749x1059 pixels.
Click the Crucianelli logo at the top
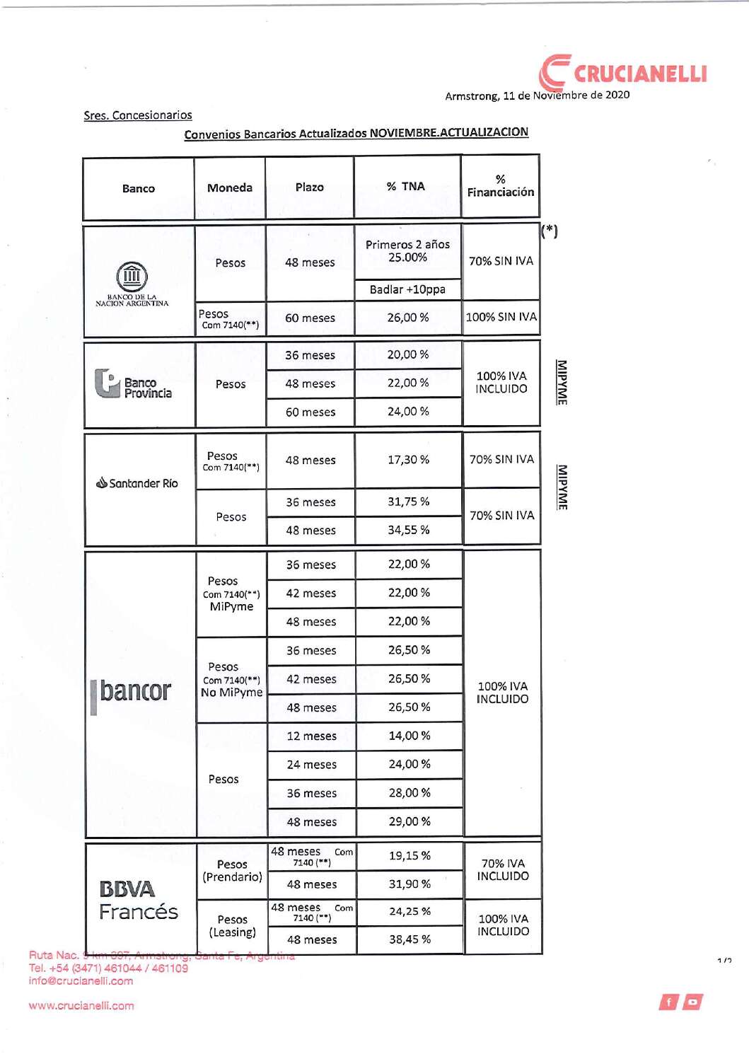pyautogui.click(x=623, y=73)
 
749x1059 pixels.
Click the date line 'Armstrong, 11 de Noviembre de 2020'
pyautogui.click(x=537, y=96)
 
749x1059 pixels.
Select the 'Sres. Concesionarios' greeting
pyautogui.click(x=138, y=115)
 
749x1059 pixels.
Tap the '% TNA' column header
pyautogui.click(x=406, y=187)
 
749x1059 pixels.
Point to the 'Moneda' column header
pyautogui.click(x=230, y=187)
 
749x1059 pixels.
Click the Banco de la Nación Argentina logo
pyautogui.click(x=132, y=283)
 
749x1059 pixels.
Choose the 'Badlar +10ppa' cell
pyautogui.click(x=407, y=289)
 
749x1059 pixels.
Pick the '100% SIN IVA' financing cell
pyautogui.click(x=501, y=317)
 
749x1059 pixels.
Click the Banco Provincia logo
pyautogui.click(x=134, y=384)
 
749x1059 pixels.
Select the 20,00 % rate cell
pyautogui.click(x=408, y=354)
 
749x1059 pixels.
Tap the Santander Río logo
pyautogui.click(x=137, y=483)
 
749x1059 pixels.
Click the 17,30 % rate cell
pyautogui.click(x=408, y=460)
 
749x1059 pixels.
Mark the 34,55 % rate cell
pyautogui.click(x=408, y=530)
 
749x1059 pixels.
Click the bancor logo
pyautogui.click(x=132, y=692)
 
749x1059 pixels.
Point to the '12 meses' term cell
pyautogui.click(x=311, y=736)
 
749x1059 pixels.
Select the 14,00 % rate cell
pyautogui.click(x=410, y=736)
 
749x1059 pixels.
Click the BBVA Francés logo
pyautogui.click(x=138, y=901)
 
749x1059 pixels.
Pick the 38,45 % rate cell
pyautogui.click(x=410, y=939)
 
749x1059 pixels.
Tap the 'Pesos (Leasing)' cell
pyautogui.click(x=232, y=926)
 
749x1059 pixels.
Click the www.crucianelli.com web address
pyautogui.click(x=81, y=1006)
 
